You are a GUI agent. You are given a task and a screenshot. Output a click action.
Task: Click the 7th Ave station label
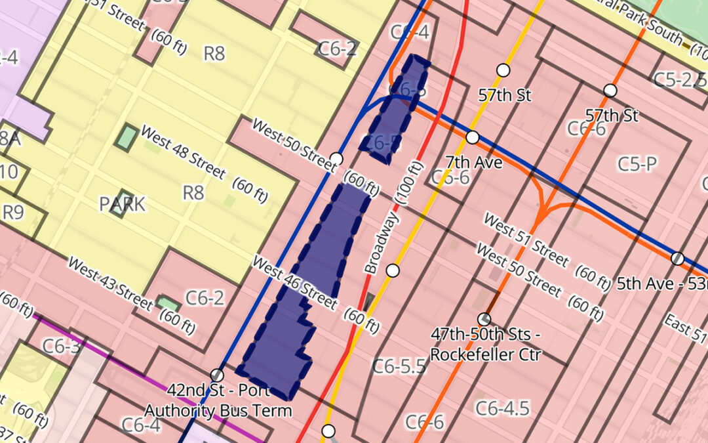473,161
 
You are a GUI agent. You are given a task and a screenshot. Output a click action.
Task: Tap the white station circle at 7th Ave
472,138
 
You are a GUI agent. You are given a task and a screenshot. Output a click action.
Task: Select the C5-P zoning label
637,164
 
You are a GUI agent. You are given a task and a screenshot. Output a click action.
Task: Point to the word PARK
123,204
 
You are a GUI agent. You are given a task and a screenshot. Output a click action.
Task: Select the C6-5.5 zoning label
399,366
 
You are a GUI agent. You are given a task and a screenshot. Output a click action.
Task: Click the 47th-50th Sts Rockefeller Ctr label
486,345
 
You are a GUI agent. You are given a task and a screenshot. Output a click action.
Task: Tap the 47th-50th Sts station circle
484,319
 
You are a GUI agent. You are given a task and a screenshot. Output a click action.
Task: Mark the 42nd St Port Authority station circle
217,375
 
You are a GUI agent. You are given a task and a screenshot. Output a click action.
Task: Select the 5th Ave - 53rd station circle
677,258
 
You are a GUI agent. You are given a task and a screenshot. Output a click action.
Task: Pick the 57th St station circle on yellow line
503,70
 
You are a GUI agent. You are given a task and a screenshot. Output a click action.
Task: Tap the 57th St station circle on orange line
610,91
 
